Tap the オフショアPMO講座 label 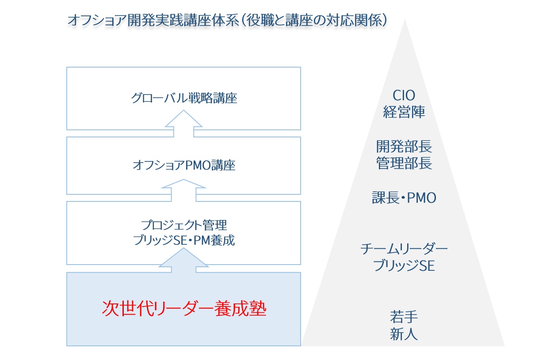[184, 166]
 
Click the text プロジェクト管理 [184, 225]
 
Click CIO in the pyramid [404, 95]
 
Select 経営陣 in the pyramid [404, 112]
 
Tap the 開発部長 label [404, 146]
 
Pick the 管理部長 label [404, 163]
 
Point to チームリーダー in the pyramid [404, 250]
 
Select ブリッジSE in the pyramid [404, 266]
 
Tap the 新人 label [404, 333]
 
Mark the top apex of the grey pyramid [404, 20]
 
